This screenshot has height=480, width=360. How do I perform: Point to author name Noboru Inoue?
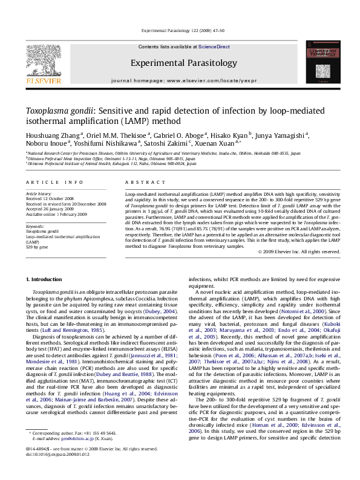point(44,146)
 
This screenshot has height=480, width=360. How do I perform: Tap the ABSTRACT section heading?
point(140,181)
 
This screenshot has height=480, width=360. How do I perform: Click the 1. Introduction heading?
point(47,279)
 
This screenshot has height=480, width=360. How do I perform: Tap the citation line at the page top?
point(180,21)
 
